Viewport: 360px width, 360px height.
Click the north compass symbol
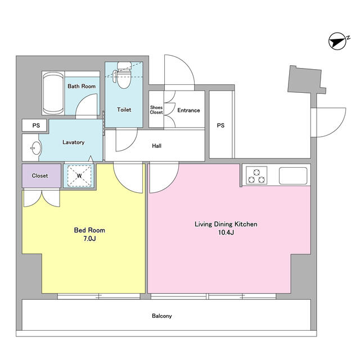337,41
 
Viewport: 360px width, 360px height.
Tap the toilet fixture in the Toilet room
123,75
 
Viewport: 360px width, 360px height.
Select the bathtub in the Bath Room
53,93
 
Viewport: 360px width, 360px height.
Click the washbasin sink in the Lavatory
36,148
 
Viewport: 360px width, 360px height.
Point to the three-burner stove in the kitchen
256,175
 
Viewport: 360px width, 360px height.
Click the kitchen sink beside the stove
293,175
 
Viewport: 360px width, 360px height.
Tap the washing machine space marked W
79,175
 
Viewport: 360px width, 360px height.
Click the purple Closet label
40,175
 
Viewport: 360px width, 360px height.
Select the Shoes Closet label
156,110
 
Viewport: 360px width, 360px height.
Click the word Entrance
188,110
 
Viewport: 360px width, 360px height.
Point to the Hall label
156,146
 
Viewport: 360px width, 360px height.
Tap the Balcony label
162,316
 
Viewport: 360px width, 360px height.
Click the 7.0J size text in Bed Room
89,238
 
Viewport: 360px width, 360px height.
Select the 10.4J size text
226,232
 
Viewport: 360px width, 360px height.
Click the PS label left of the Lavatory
36,125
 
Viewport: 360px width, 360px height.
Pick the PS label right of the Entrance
220,125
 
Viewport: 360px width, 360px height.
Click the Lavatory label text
74,142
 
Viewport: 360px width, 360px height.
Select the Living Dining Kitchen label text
226,224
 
